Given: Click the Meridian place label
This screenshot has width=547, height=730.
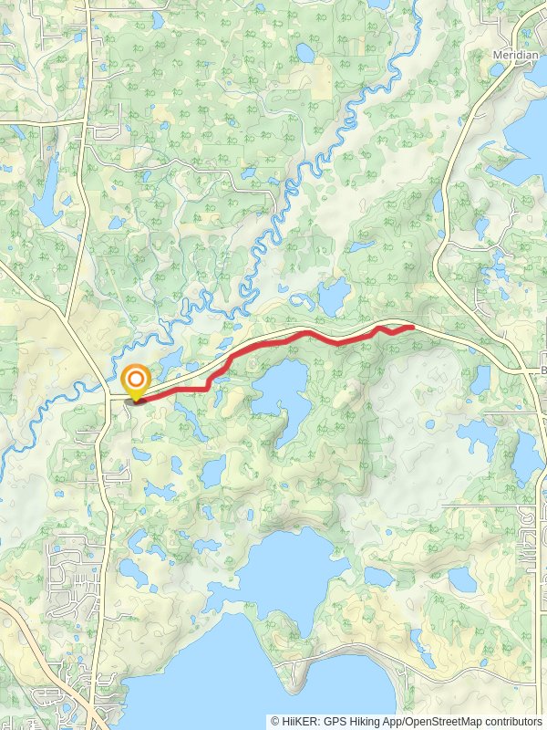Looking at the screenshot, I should coord(515,55).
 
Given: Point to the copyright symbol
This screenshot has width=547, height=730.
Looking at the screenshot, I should coord(274,721).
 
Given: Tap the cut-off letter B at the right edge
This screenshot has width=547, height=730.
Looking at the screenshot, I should coord(542,370).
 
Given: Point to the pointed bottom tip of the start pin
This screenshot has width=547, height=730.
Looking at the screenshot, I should coord(137,399).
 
